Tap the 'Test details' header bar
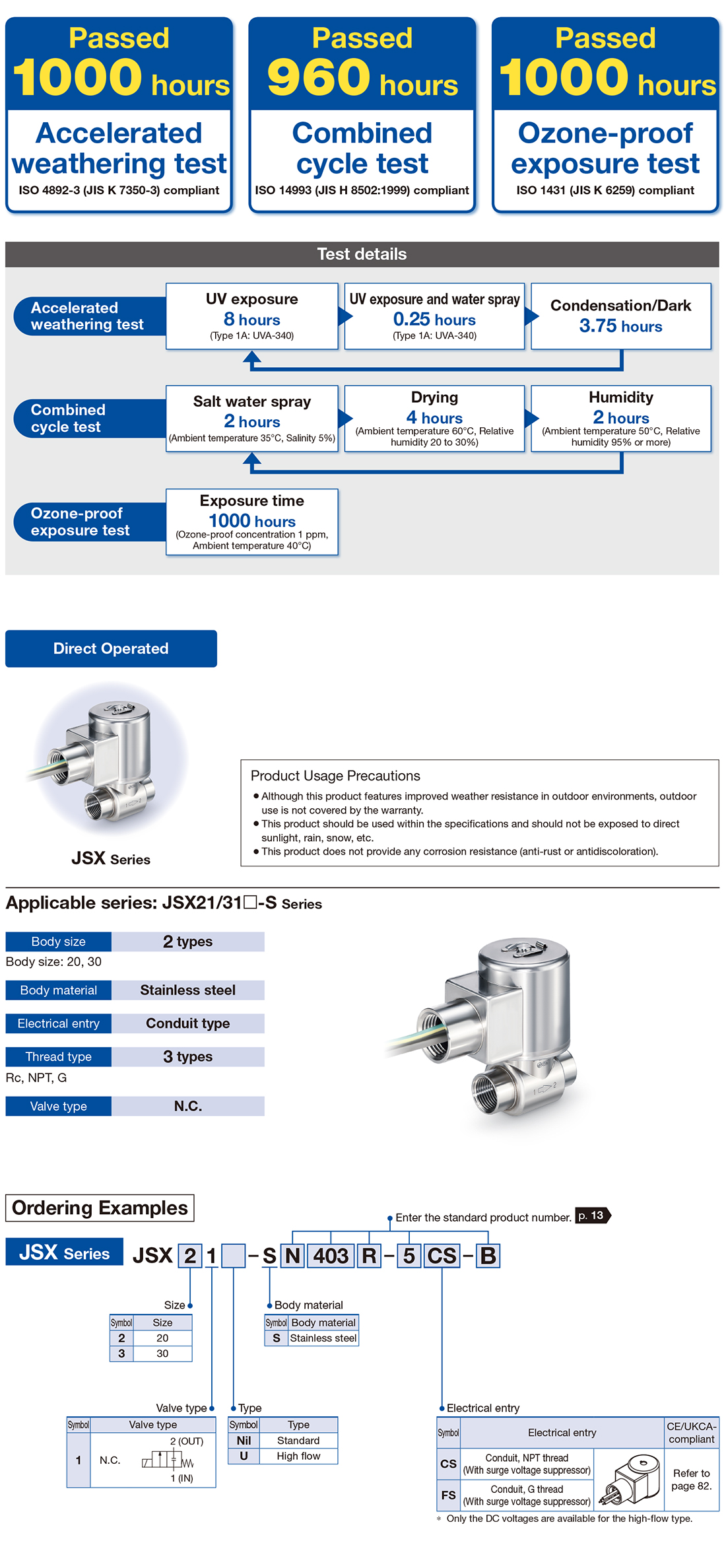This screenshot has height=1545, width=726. [x=362, y=254]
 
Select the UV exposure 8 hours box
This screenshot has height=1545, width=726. [x=251, y=316]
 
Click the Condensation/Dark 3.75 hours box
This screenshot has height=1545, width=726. [x=620, y=316]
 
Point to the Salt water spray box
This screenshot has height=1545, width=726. [x=251, y=419]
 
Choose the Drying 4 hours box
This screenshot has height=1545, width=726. [x=434, y=419]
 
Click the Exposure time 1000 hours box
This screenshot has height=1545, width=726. [x=251, y=522]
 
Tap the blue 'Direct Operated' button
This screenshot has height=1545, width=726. [x=111, y=648]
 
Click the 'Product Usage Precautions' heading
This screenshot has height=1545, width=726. [x=335, y=776]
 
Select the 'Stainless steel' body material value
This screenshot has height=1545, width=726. [x=187, y=990]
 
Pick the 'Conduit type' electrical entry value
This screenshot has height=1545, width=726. [x=187, y=1023]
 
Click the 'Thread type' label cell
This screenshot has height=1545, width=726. [x=59, y=1056]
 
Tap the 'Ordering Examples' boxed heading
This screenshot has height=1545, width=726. [x=100, y=1208]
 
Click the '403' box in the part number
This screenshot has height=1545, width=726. [x=331, y=1255]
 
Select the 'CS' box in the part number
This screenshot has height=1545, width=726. [x=442, y=1255]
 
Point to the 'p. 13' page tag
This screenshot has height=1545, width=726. [x=592, y=1216]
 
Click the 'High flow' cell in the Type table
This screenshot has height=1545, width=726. [x=298, y=1456]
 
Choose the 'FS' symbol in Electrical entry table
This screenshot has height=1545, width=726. [x=448, y=1495]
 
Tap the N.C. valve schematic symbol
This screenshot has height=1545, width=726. [x=168, y=1460]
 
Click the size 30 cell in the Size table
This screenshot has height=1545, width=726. [x=162, y=1354]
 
